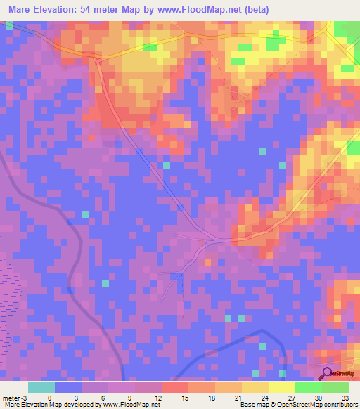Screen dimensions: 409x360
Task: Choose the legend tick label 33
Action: [x=345, y=397]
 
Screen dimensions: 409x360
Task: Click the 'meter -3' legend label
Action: [x=15, y=397]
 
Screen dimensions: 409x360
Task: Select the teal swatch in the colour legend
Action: [x=41, y=387]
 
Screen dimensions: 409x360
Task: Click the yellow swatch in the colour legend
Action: [x=282, y=387]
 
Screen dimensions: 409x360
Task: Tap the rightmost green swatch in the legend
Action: [x=335, y=387]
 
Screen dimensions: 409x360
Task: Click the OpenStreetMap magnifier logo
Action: [x=327, y=373]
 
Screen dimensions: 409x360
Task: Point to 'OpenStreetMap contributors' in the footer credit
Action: [x=321, y=405]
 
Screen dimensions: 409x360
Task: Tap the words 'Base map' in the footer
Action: [x=252, y=405]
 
